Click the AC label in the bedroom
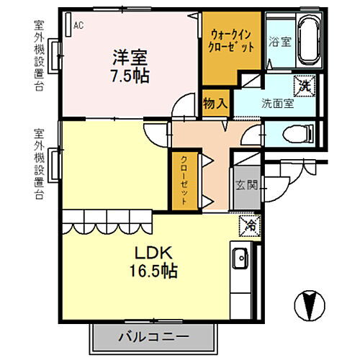[78, 25]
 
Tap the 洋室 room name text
[130, 58]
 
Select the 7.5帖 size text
[130, 76]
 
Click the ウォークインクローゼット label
[231, 41]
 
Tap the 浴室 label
[280, 42]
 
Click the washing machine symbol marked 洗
[305, 86]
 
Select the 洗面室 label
[278, 104]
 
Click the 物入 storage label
[215, 104]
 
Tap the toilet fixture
[298, 133]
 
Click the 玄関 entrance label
[246, 185]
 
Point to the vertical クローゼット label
[184, 180]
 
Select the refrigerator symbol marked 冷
[250, 226]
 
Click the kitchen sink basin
[240, 258]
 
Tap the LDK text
[153, 253]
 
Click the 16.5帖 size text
[153, 271]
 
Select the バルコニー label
[154, 337]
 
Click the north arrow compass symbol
[310, 305]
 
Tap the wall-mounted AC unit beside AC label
[68, 24]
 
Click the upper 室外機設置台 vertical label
[39, 55]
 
